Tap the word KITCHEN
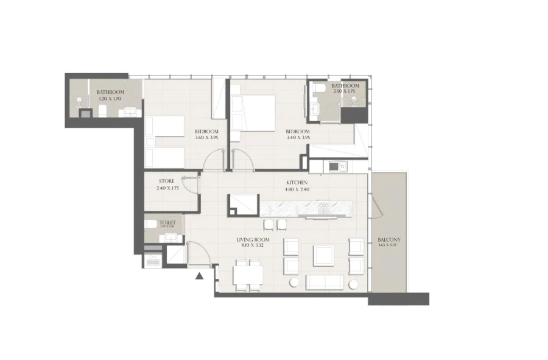coord(297,182)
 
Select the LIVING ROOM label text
coord(253,240)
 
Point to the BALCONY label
coord(388,240)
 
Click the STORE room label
coord(167,181)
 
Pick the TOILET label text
coord(167,223)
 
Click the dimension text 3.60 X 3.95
coord(206,138)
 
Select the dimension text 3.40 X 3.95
coord(298,138)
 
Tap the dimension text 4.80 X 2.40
coord(297,189)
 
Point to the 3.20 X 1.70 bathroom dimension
coord(110,98)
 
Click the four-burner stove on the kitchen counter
coord(323,208)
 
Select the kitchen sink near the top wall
coord(337,166)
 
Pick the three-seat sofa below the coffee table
coord(325,282)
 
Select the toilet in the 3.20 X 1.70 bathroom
coord(102,110)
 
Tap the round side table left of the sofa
coord(293,283)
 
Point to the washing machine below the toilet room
coord(152,261)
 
